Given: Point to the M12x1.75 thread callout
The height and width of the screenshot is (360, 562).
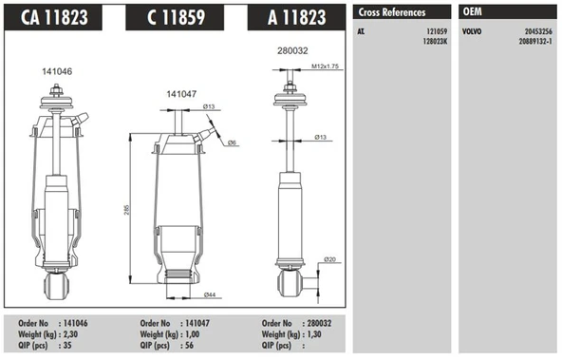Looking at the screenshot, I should pos(324,66).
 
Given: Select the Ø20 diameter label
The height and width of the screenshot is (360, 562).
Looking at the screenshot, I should pos(330,259).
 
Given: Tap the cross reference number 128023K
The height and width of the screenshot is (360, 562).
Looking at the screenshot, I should pos(432,41).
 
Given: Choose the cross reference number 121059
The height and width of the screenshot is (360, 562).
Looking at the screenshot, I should pos(435,31).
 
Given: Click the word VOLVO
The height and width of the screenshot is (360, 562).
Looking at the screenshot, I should pos(472,31).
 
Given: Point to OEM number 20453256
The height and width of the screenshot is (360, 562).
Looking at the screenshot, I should pos(536,31).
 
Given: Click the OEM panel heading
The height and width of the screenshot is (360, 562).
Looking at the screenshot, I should pos(472,12).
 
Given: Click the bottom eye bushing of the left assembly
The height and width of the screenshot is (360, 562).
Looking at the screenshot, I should pos(54,285).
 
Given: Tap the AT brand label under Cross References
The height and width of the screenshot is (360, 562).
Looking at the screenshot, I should pos(361,31).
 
